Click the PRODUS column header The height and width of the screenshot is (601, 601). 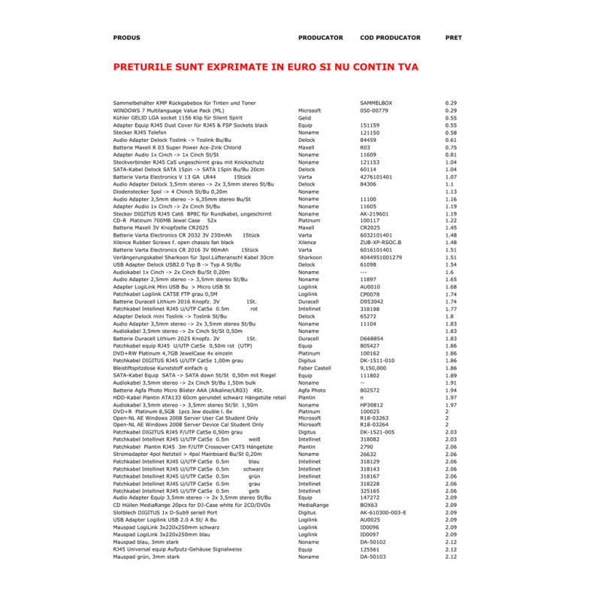pos(126,37)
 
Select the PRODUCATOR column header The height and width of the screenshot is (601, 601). pos(320,37)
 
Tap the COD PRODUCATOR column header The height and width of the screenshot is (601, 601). pos(390,37)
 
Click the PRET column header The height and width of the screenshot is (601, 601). pos(454,37)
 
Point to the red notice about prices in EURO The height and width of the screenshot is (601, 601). pos(265,67)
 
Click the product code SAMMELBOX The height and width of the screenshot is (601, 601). pos(376,102)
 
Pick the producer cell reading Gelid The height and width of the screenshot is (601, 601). pos(304,118)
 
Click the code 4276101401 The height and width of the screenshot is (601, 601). pos(381,177)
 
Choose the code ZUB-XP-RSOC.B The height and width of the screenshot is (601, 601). pos(381,243)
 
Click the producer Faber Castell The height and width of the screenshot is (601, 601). pos(314,368)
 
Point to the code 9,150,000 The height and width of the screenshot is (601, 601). pos(373,368)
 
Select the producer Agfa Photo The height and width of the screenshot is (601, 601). pos(312,390)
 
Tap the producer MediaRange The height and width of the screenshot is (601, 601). pos(313,505)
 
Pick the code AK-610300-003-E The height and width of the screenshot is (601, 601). pos(382,512)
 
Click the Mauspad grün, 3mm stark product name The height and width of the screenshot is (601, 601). pos(146,557)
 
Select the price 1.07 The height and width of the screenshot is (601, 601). pos(451,177)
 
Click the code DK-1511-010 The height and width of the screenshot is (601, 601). pos(377,361)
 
